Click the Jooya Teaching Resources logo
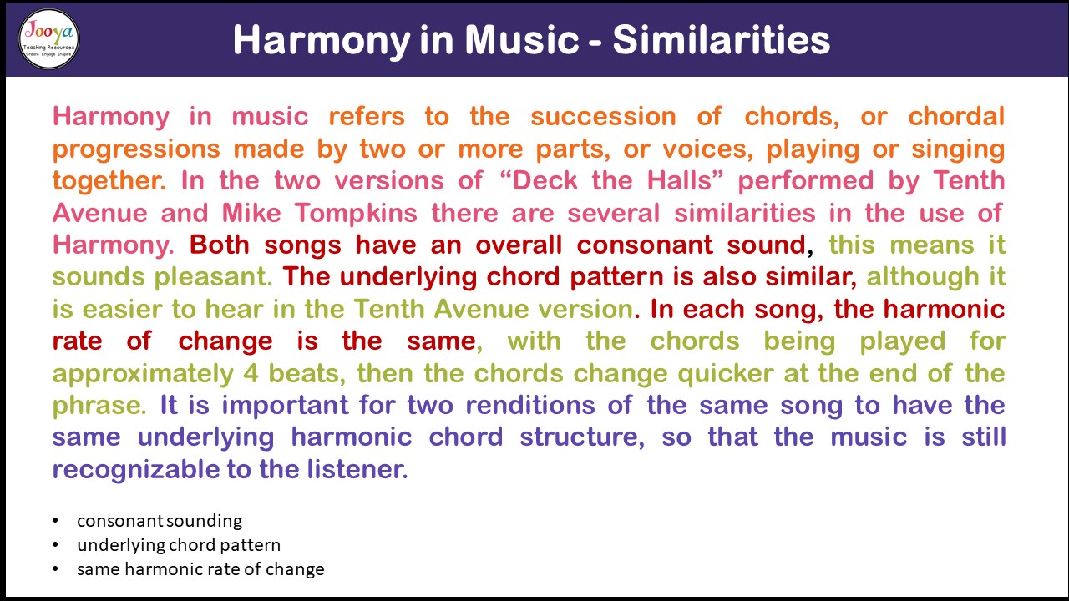48,38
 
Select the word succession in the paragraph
603,117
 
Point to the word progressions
136,149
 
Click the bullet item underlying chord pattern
179,545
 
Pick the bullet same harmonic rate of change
200,569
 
